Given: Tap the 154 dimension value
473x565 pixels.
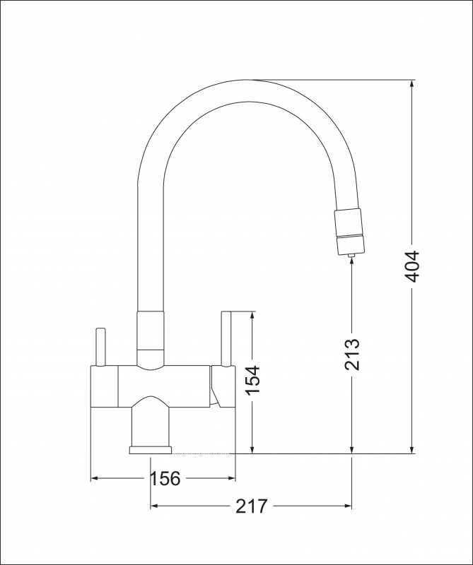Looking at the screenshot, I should (252, 381).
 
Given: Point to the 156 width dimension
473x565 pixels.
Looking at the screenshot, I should (165, 478).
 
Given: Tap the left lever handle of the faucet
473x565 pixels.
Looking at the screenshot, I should (100, 347).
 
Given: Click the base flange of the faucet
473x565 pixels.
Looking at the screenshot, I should (151, 449).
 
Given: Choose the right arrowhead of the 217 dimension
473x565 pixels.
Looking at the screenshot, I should (347, 506).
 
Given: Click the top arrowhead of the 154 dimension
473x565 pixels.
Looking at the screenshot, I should (252, 316).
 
